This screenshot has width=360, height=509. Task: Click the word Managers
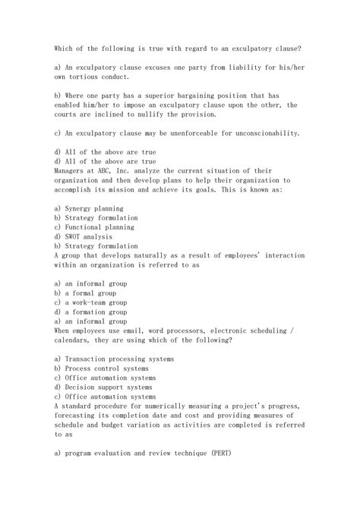point(71,170)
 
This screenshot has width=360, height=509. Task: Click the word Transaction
point(93,358)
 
